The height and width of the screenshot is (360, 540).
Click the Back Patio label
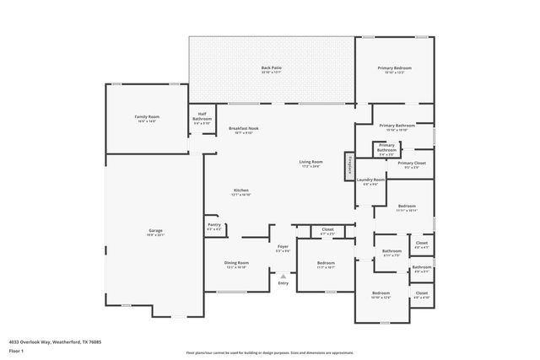click(x=271, y=69)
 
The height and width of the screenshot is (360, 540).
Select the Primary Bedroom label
click(x=394, y=69)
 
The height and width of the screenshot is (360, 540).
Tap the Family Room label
click(x=147, y=119)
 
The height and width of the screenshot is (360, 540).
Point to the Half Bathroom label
click(x=202, y=118)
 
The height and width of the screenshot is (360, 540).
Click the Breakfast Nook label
click(x=243, y=130)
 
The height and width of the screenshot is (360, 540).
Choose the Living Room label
click(x=310, y=163)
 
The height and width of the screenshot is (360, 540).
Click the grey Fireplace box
click(x=347, y=165)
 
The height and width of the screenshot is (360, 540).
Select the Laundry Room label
click(x=370, y=180)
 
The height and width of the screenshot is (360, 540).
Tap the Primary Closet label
click(x=412, y=164)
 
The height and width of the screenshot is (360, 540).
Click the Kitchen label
click(x=241, y=192)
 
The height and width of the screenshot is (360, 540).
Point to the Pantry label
click(x=213, y=227)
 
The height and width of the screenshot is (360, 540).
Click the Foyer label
click(x=283, y=250)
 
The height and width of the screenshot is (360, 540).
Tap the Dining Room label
click(x=235, y=265)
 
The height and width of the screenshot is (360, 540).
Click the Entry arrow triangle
click(x=283, y=275)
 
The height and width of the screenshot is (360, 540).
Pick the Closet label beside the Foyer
click(x=327, y=230)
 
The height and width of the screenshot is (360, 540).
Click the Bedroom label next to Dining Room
click(x=326, y=265)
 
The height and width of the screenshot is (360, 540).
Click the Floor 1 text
click(x=16, y=352)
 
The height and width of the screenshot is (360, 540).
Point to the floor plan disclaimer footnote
click(x=270, y=352)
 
